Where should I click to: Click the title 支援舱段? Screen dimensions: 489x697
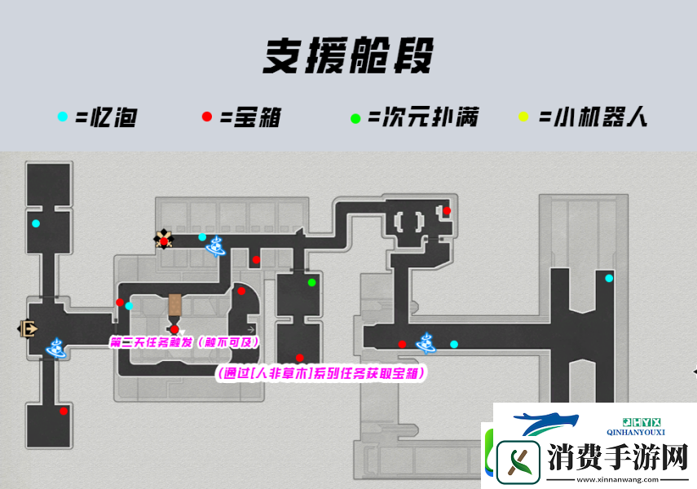point(347,57)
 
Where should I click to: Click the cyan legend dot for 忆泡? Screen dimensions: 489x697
point(63,117)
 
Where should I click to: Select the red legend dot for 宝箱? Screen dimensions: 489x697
point(207,117)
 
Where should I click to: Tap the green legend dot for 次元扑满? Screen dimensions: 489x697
point(355,118)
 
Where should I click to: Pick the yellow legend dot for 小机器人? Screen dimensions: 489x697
point(523,118)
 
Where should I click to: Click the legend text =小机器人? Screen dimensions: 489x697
point(593,117)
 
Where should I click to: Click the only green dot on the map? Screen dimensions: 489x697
point(311,283)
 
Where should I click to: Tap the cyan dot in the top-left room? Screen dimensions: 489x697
point(35,223)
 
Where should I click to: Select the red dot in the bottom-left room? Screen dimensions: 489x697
point(64,412)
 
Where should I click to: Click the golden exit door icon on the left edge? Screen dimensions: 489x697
point(28,328)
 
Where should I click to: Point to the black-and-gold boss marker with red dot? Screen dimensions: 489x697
point(164,240)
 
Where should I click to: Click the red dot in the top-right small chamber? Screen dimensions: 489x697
point(446,211)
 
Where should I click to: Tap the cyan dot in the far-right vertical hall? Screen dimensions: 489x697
point(609,279)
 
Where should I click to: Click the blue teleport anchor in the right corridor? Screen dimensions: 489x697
point(426,342)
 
